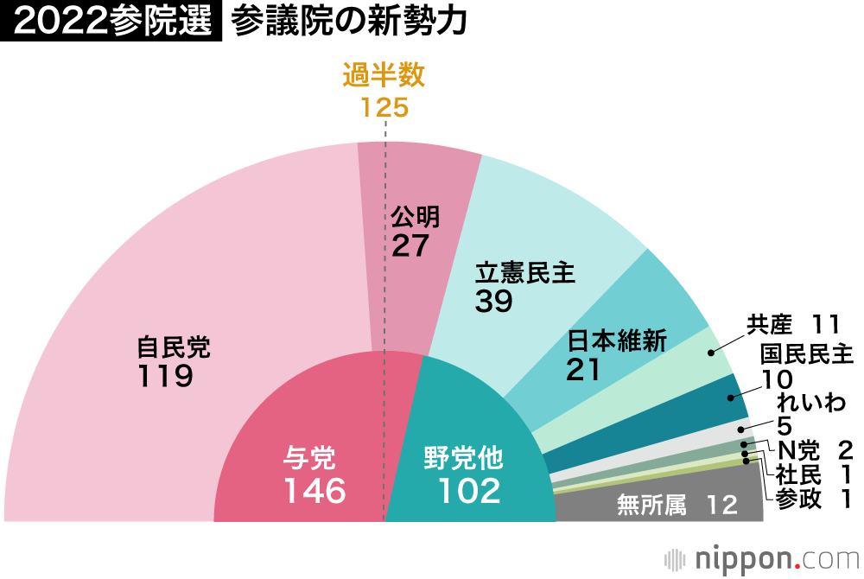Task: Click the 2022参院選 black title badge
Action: click(111, 22)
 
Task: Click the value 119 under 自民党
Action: click(164, 377)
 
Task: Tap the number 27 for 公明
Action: click(410, 245)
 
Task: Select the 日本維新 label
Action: click(617, 340)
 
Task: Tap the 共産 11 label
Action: click(793, 325)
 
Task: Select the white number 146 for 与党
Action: click(314, 491)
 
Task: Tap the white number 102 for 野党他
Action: click(469, 491)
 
